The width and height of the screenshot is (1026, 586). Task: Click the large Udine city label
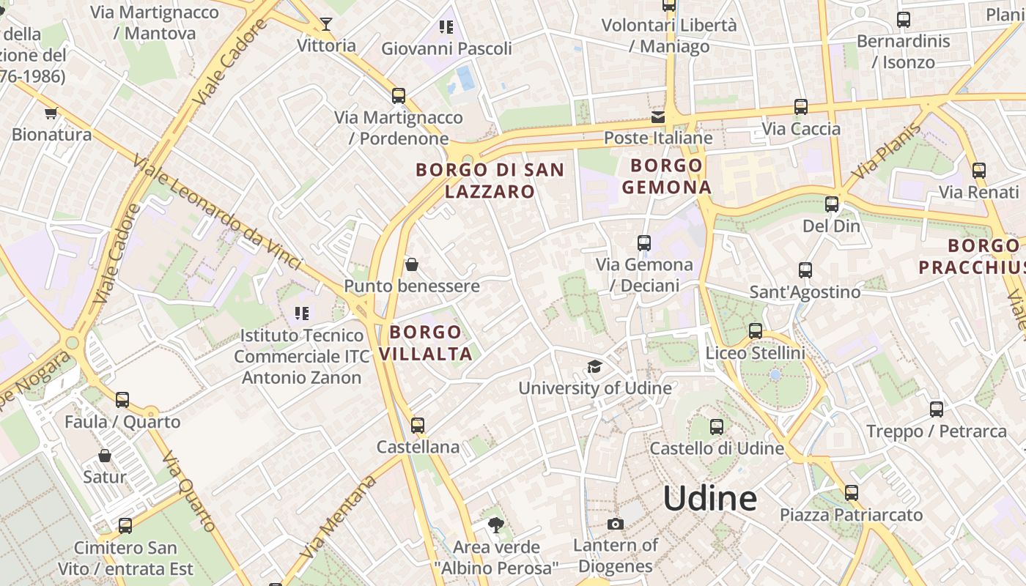point(710,499)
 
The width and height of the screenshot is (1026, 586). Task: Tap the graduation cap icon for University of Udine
point(594,366)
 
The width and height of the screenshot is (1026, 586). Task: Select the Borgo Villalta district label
point(425,343)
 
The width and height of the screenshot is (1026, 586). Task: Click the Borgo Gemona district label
point(666,176)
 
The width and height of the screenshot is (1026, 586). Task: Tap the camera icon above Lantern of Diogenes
point(616,524)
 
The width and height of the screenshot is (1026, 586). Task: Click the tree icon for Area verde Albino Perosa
point(496,524)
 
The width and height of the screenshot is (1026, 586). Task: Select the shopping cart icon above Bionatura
point(51,113)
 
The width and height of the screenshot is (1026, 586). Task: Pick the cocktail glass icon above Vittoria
point(326,24)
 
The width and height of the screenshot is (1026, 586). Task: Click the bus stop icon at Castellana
point(418,425)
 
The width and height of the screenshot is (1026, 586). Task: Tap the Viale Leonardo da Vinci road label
point(217,212)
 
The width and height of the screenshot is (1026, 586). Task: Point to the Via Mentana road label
point(339,516)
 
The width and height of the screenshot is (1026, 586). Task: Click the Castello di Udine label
point(717,448)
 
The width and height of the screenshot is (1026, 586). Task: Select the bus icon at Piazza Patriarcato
point(851,493)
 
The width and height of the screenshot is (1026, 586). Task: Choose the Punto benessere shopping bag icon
point(412,264)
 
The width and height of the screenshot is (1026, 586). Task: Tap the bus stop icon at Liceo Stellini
point(756,331)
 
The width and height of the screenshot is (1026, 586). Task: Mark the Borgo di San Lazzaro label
point(490,180)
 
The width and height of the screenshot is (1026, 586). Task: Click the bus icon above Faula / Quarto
point(122,400)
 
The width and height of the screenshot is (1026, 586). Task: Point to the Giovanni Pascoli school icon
point(446,28)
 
